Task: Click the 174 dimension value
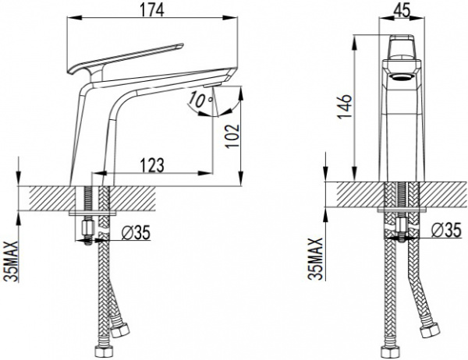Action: pos(152,10)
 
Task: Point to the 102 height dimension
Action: pos(232,136)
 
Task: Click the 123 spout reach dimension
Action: pos(152,164)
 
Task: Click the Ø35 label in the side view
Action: pos(136,233)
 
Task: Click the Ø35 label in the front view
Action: pos(446,230)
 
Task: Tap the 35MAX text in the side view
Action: pos(12,261)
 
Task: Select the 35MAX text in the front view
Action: pos(316,258)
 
